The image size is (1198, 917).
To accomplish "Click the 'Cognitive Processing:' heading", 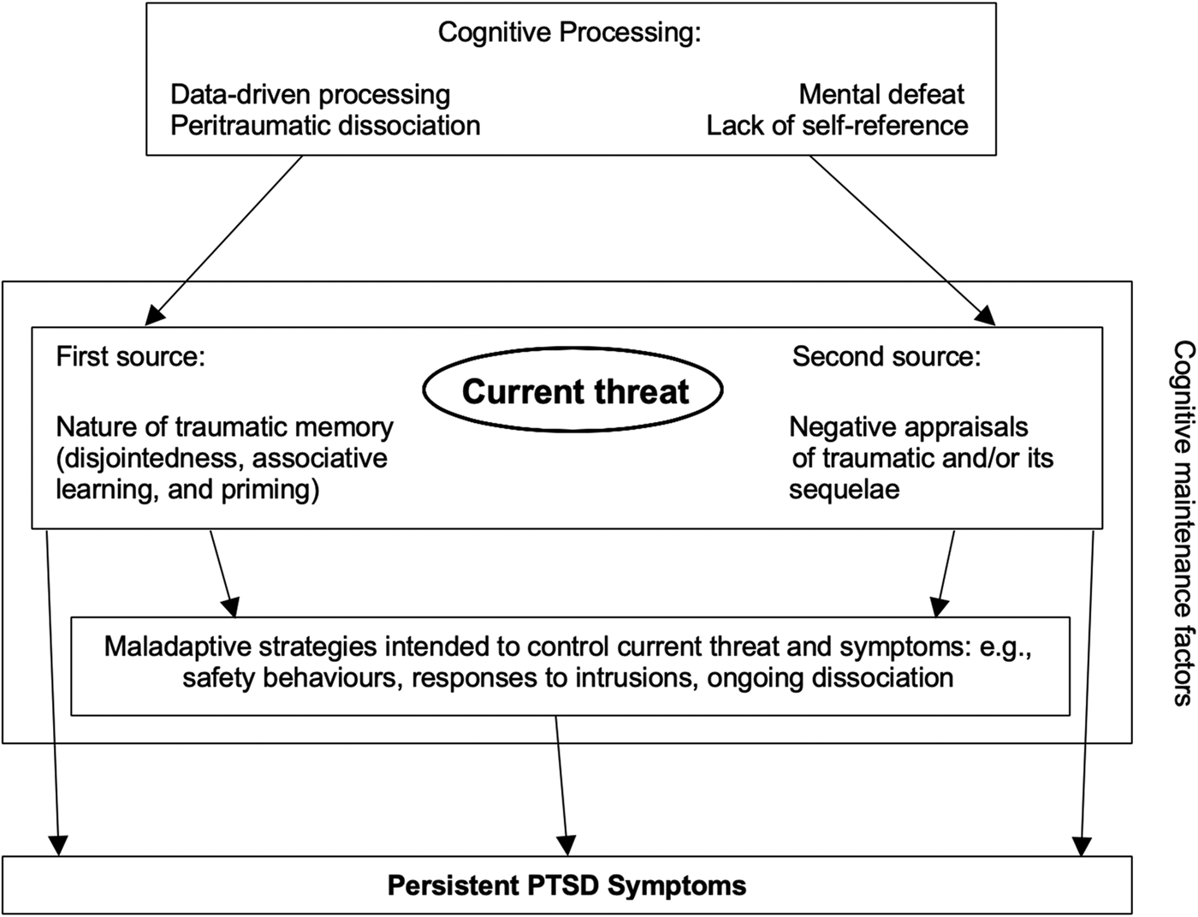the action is pos(569,33).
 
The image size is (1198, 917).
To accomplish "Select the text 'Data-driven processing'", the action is pos(310,95).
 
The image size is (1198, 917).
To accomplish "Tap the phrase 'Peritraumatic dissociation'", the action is pos(325,126).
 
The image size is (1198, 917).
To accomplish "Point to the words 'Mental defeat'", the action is pos(881,94).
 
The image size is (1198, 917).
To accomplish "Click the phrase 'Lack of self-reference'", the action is pos(837,126).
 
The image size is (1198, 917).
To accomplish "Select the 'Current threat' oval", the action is pos(573,390).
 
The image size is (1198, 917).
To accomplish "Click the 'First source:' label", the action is pos(130,357).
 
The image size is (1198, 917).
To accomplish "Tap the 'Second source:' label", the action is pos(887,357).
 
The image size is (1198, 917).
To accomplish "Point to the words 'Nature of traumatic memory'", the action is pos(224,427).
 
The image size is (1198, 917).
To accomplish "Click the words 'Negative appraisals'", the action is pos(909,427).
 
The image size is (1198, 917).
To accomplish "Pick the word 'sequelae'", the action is pos(845,490).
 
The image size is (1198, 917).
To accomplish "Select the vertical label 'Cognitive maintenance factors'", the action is pos(1183,524).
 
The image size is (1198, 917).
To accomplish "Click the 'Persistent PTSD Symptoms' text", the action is pos(566,885).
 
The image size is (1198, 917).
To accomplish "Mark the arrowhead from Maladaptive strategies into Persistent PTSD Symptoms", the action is pos(567,846).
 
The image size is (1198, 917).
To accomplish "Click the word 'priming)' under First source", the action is pos(270,490).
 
